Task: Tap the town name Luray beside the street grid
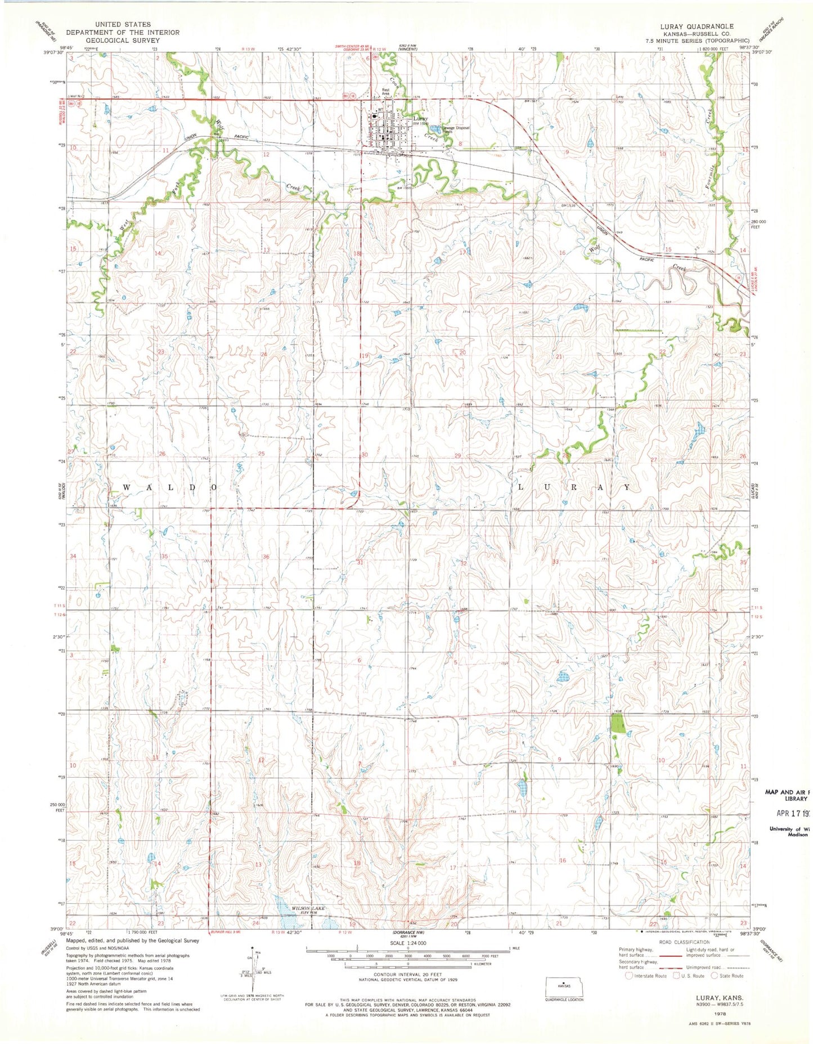420,119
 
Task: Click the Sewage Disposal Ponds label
455,129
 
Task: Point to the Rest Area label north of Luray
386,91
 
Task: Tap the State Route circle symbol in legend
715,976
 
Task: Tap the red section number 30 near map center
364,455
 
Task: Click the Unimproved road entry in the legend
697,965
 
